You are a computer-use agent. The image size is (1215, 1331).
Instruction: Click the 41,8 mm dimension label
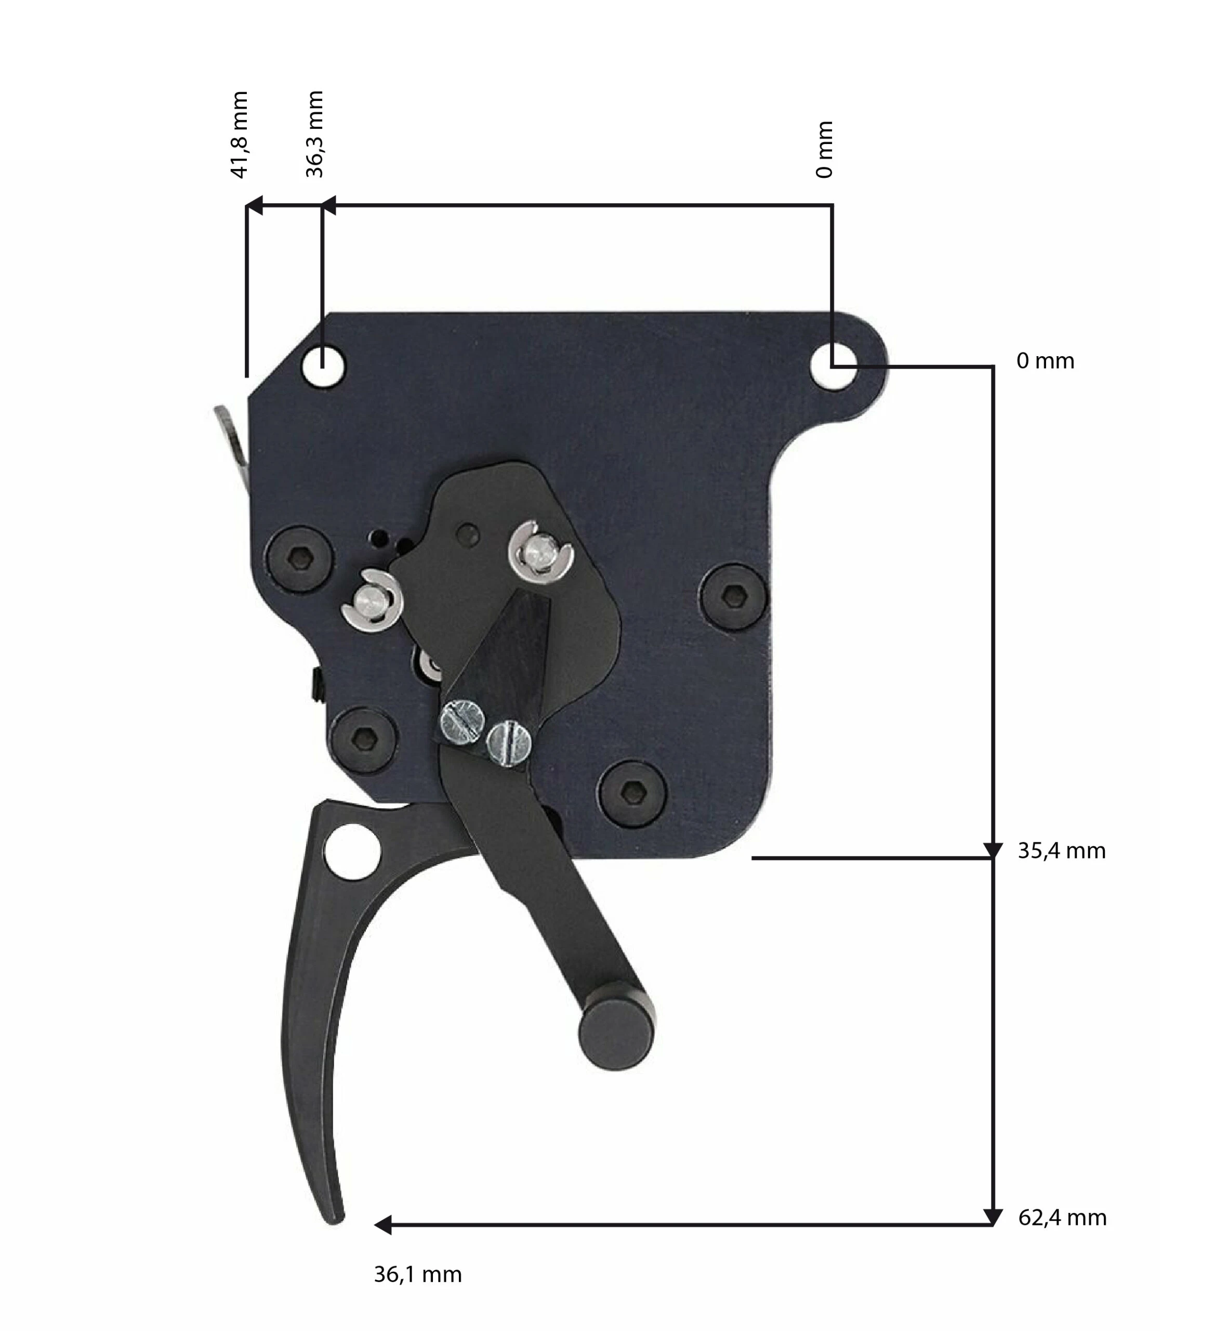[240, 135]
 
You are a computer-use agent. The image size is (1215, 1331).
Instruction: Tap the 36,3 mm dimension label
[315, 134]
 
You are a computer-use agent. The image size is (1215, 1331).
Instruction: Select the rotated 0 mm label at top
[825, 150]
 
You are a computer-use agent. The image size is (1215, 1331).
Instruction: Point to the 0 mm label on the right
[1046, 361]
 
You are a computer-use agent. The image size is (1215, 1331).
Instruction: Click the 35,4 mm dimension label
[1061, 851]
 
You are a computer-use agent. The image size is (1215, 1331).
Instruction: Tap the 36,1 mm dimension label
[418, 1274]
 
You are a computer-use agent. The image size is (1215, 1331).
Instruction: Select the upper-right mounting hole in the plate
[833, 366]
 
